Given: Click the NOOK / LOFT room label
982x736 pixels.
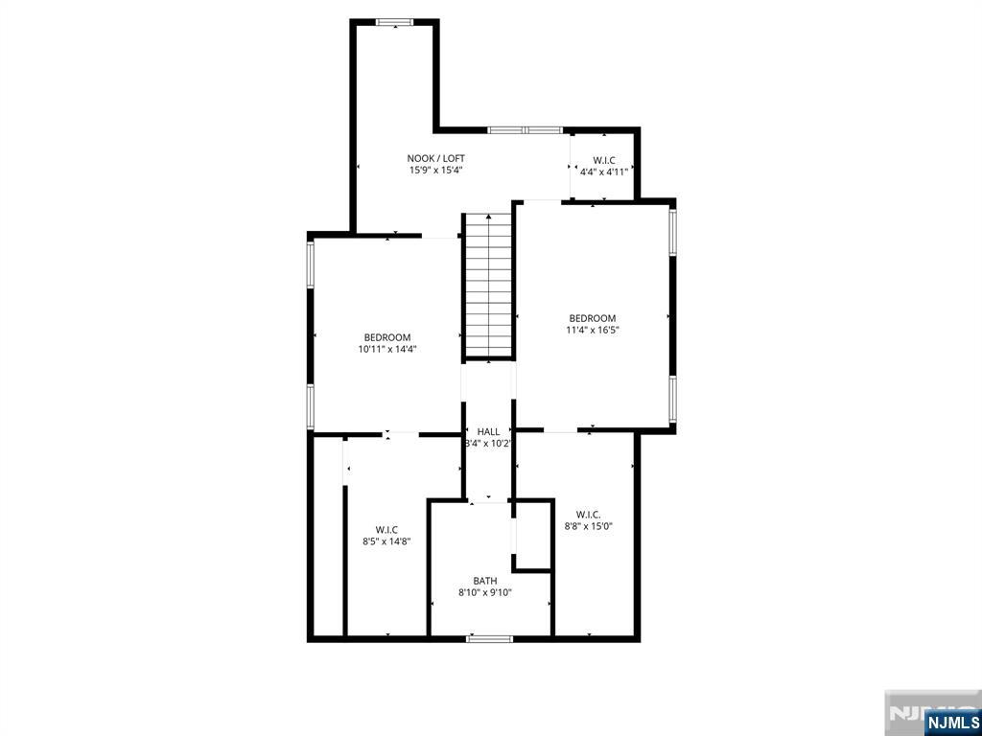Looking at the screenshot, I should (x=436, y=158).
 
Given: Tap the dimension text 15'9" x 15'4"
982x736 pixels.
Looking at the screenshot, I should (x=436, y=171).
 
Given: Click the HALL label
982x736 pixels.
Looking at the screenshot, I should (x=488, y=431).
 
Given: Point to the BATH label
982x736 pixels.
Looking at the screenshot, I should (x=485, y=581).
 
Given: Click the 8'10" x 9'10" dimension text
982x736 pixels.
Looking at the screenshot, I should (x=485, y=593).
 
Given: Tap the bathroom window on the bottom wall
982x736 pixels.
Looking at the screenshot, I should (x=489, y=638).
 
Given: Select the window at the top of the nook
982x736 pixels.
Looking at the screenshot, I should (x=393, y=22).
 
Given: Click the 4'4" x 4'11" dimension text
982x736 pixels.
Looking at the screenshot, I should (x=604, y=172).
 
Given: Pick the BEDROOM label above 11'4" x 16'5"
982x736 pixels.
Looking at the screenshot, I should (x=593, y=318).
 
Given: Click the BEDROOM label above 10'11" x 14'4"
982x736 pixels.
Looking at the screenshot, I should (x=387, y=337).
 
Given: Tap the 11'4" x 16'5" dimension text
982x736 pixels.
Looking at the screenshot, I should (x=593, y=331).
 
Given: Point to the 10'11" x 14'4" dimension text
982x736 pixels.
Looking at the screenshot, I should (x=387, y=350).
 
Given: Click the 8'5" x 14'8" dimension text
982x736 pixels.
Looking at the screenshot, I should (x=387, y=541).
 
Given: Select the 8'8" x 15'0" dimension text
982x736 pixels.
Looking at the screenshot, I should (x=589, y=526).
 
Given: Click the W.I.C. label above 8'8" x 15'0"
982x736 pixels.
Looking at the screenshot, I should (x=589, y=514).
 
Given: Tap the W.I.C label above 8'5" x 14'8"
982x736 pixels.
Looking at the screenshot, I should (x=387, y=529).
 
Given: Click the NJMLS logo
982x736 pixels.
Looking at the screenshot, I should (x=952, y=721).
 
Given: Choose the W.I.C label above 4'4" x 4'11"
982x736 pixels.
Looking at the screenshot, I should (x=604, y=160).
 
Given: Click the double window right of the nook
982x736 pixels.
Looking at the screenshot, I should (x=525, y=129).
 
